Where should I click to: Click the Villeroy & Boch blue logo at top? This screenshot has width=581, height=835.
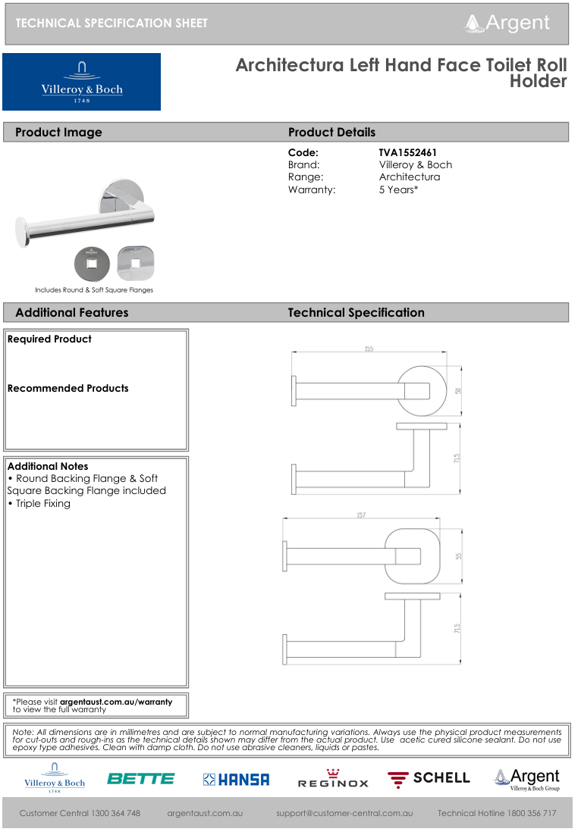coord(81,82)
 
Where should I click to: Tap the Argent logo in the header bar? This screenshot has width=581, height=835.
coord(507,23)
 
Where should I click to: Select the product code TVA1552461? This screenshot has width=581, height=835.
coord(407,153)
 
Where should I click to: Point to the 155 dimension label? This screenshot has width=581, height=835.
coord(369,349)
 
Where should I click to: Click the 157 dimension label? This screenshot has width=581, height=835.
coord(361,515)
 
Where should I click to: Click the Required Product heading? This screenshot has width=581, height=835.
coord(49,339)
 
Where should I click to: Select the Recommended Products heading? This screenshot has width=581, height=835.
coord(68,389)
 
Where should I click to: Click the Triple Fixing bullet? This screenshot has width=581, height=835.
coord(42,503)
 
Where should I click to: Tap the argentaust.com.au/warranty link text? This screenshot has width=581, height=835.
coord(116,702)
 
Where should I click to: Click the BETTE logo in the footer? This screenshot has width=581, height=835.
coord(140,779)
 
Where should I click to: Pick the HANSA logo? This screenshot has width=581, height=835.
coord(236,780)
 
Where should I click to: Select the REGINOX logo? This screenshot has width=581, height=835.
coord(333,780)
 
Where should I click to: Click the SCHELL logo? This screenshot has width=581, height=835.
coord(429,779)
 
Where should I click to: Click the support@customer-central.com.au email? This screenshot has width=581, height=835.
coord(344,813)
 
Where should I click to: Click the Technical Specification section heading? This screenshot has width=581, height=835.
coord(356,313)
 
